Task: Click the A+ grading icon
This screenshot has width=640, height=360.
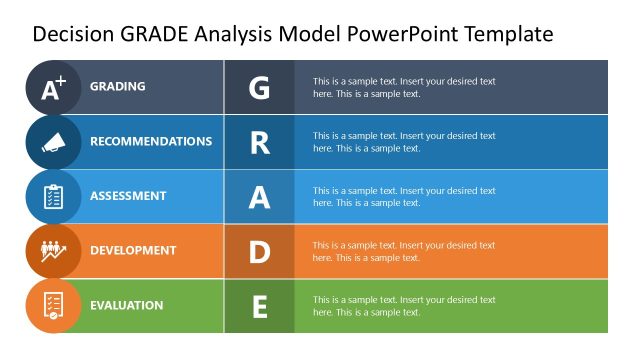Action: click(x=53, y=88)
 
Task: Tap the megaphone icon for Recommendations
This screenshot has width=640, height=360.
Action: click(x=53, y=142)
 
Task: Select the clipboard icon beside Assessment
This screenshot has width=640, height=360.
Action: click(x=53, y=197)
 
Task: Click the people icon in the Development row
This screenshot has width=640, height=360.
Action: click(x=53, y=251)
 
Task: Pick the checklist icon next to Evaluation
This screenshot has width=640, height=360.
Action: click(x=53, y=305)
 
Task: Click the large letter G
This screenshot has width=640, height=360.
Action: click(x=259, y=87)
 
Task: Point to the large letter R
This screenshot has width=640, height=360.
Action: click(x=259, y=142)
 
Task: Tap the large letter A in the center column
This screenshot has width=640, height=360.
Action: click(x=259, y=197)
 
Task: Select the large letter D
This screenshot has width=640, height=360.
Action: click(x=259, y=251)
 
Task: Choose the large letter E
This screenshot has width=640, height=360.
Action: click(x=259, y=306)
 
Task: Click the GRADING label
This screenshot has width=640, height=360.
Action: click(x=118, y=87)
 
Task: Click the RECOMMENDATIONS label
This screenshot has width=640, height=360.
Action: click(x=151, y=142)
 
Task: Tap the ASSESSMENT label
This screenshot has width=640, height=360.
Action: click(x=127, y=196)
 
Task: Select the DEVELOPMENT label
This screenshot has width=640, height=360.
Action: click(x=133, y=251)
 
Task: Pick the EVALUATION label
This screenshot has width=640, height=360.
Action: click(x=126, y=305)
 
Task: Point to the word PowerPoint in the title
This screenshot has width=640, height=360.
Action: click(x=396, y=34)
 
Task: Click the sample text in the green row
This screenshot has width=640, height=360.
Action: click(x=404, y=306)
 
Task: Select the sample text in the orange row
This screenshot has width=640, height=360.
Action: click(x=404, y=251)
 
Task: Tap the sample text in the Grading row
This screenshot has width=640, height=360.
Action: click(x=404, y=87)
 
